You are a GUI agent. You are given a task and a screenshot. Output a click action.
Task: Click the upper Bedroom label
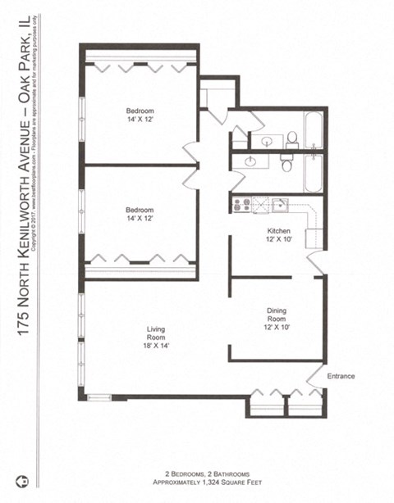coord(140,111)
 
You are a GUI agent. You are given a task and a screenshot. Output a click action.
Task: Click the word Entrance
coord(341,376)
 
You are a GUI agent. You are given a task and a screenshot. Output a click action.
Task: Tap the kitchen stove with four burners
coord(241,205)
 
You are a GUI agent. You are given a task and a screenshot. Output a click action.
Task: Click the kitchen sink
coord(280,204)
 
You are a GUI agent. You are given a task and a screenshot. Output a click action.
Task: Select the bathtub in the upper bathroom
coord(314,130)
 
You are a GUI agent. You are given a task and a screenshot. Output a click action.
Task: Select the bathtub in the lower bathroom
coord(314,171)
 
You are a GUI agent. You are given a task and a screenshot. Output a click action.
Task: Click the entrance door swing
coord(315,373)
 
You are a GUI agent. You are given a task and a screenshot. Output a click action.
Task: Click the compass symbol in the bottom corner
coord(24,478)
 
